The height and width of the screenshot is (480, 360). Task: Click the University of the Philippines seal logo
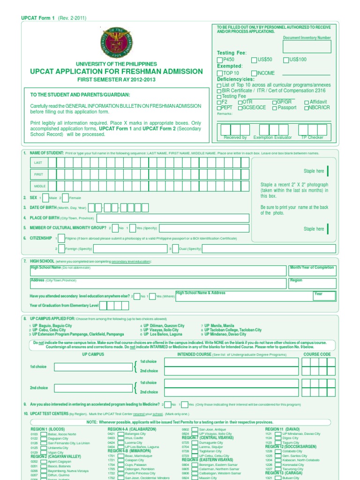(x=116, y=43)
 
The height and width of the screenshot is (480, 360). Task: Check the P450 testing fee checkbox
(x=220, y=60)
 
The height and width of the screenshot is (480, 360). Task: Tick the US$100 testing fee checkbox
(x=285, y=60)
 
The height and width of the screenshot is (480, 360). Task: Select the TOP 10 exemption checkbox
(x=220, y=73)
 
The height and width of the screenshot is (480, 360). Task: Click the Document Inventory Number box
(x=307, y=46)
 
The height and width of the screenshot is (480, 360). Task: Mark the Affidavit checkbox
(x=307, y=102)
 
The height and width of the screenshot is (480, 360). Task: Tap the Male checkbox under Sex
(x=45, y=198)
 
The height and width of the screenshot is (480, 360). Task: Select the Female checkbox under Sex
(x=65, y=198)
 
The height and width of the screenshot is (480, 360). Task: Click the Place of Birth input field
(x=173, y=218)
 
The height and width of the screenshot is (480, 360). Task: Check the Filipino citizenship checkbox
(x=61, y=239)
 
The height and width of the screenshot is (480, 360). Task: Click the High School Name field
(x=158, y=270)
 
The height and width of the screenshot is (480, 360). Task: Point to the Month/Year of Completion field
(x=312, y=270)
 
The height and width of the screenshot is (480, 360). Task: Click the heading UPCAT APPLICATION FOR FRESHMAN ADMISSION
(x=116, y=72)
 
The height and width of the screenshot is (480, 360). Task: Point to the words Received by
(x=235, y=137)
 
